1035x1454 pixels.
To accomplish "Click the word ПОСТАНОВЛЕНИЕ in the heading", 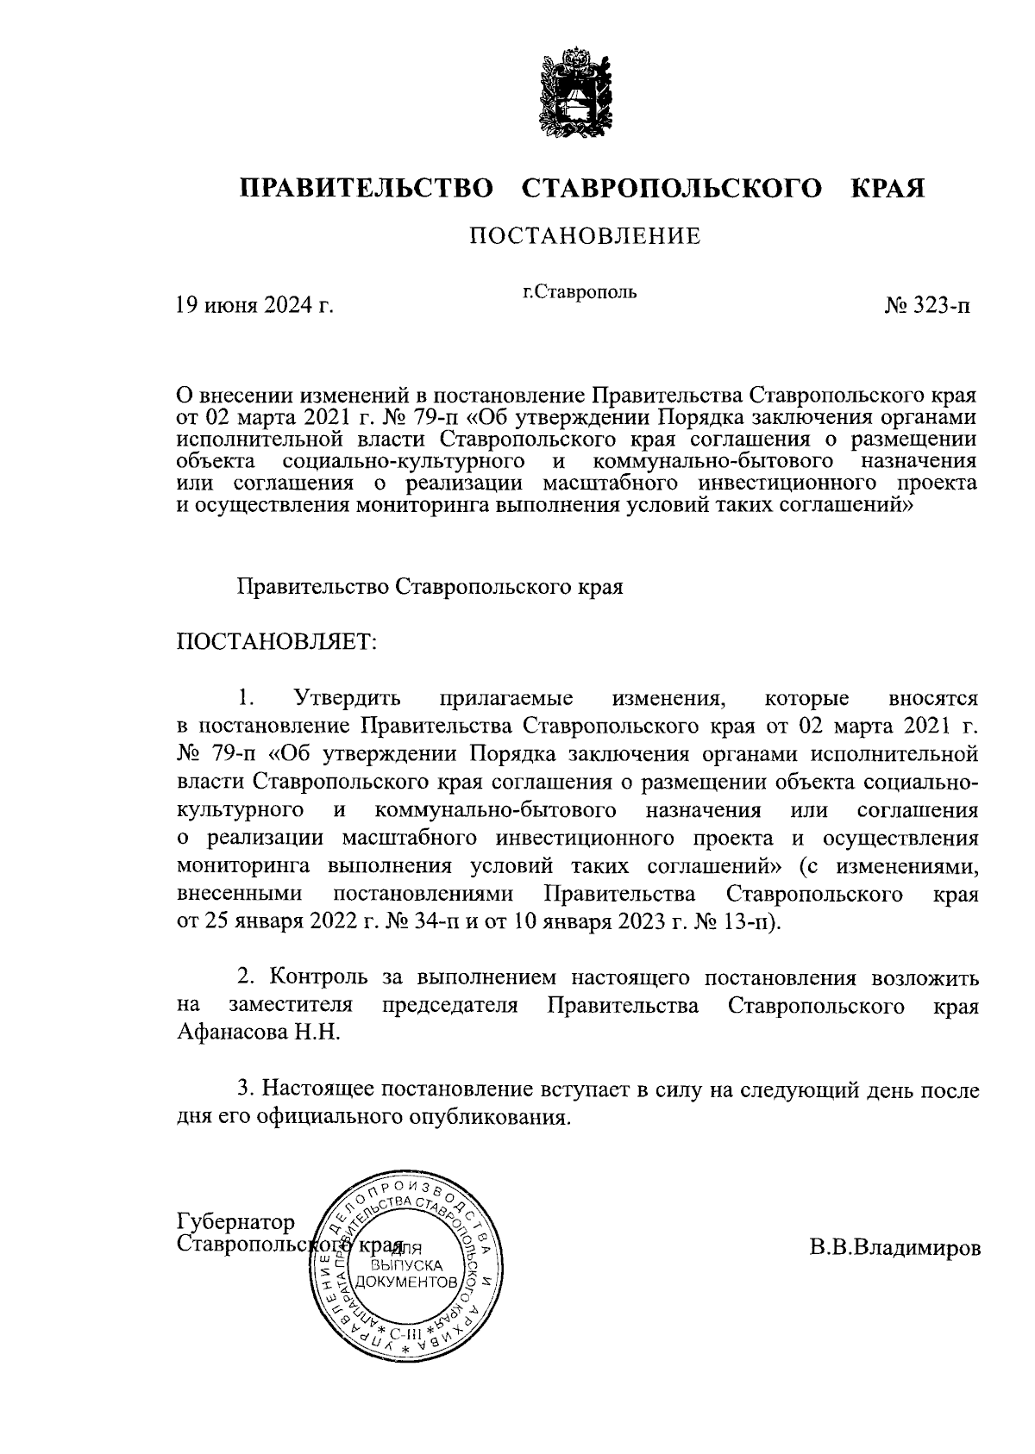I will [x=584, y=236].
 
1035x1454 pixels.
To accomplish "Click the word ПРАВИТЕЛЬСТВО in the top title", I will [x=367, y=188].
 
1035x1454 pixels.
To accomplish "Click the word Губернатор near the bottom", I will [x=235, y=1223].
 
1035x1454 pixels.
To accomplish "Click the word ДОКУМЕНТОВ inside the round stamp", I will [x=408, y=1283].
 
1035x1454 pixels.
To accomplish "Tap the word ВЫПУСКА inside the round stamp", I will [x=407, y=1266].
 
